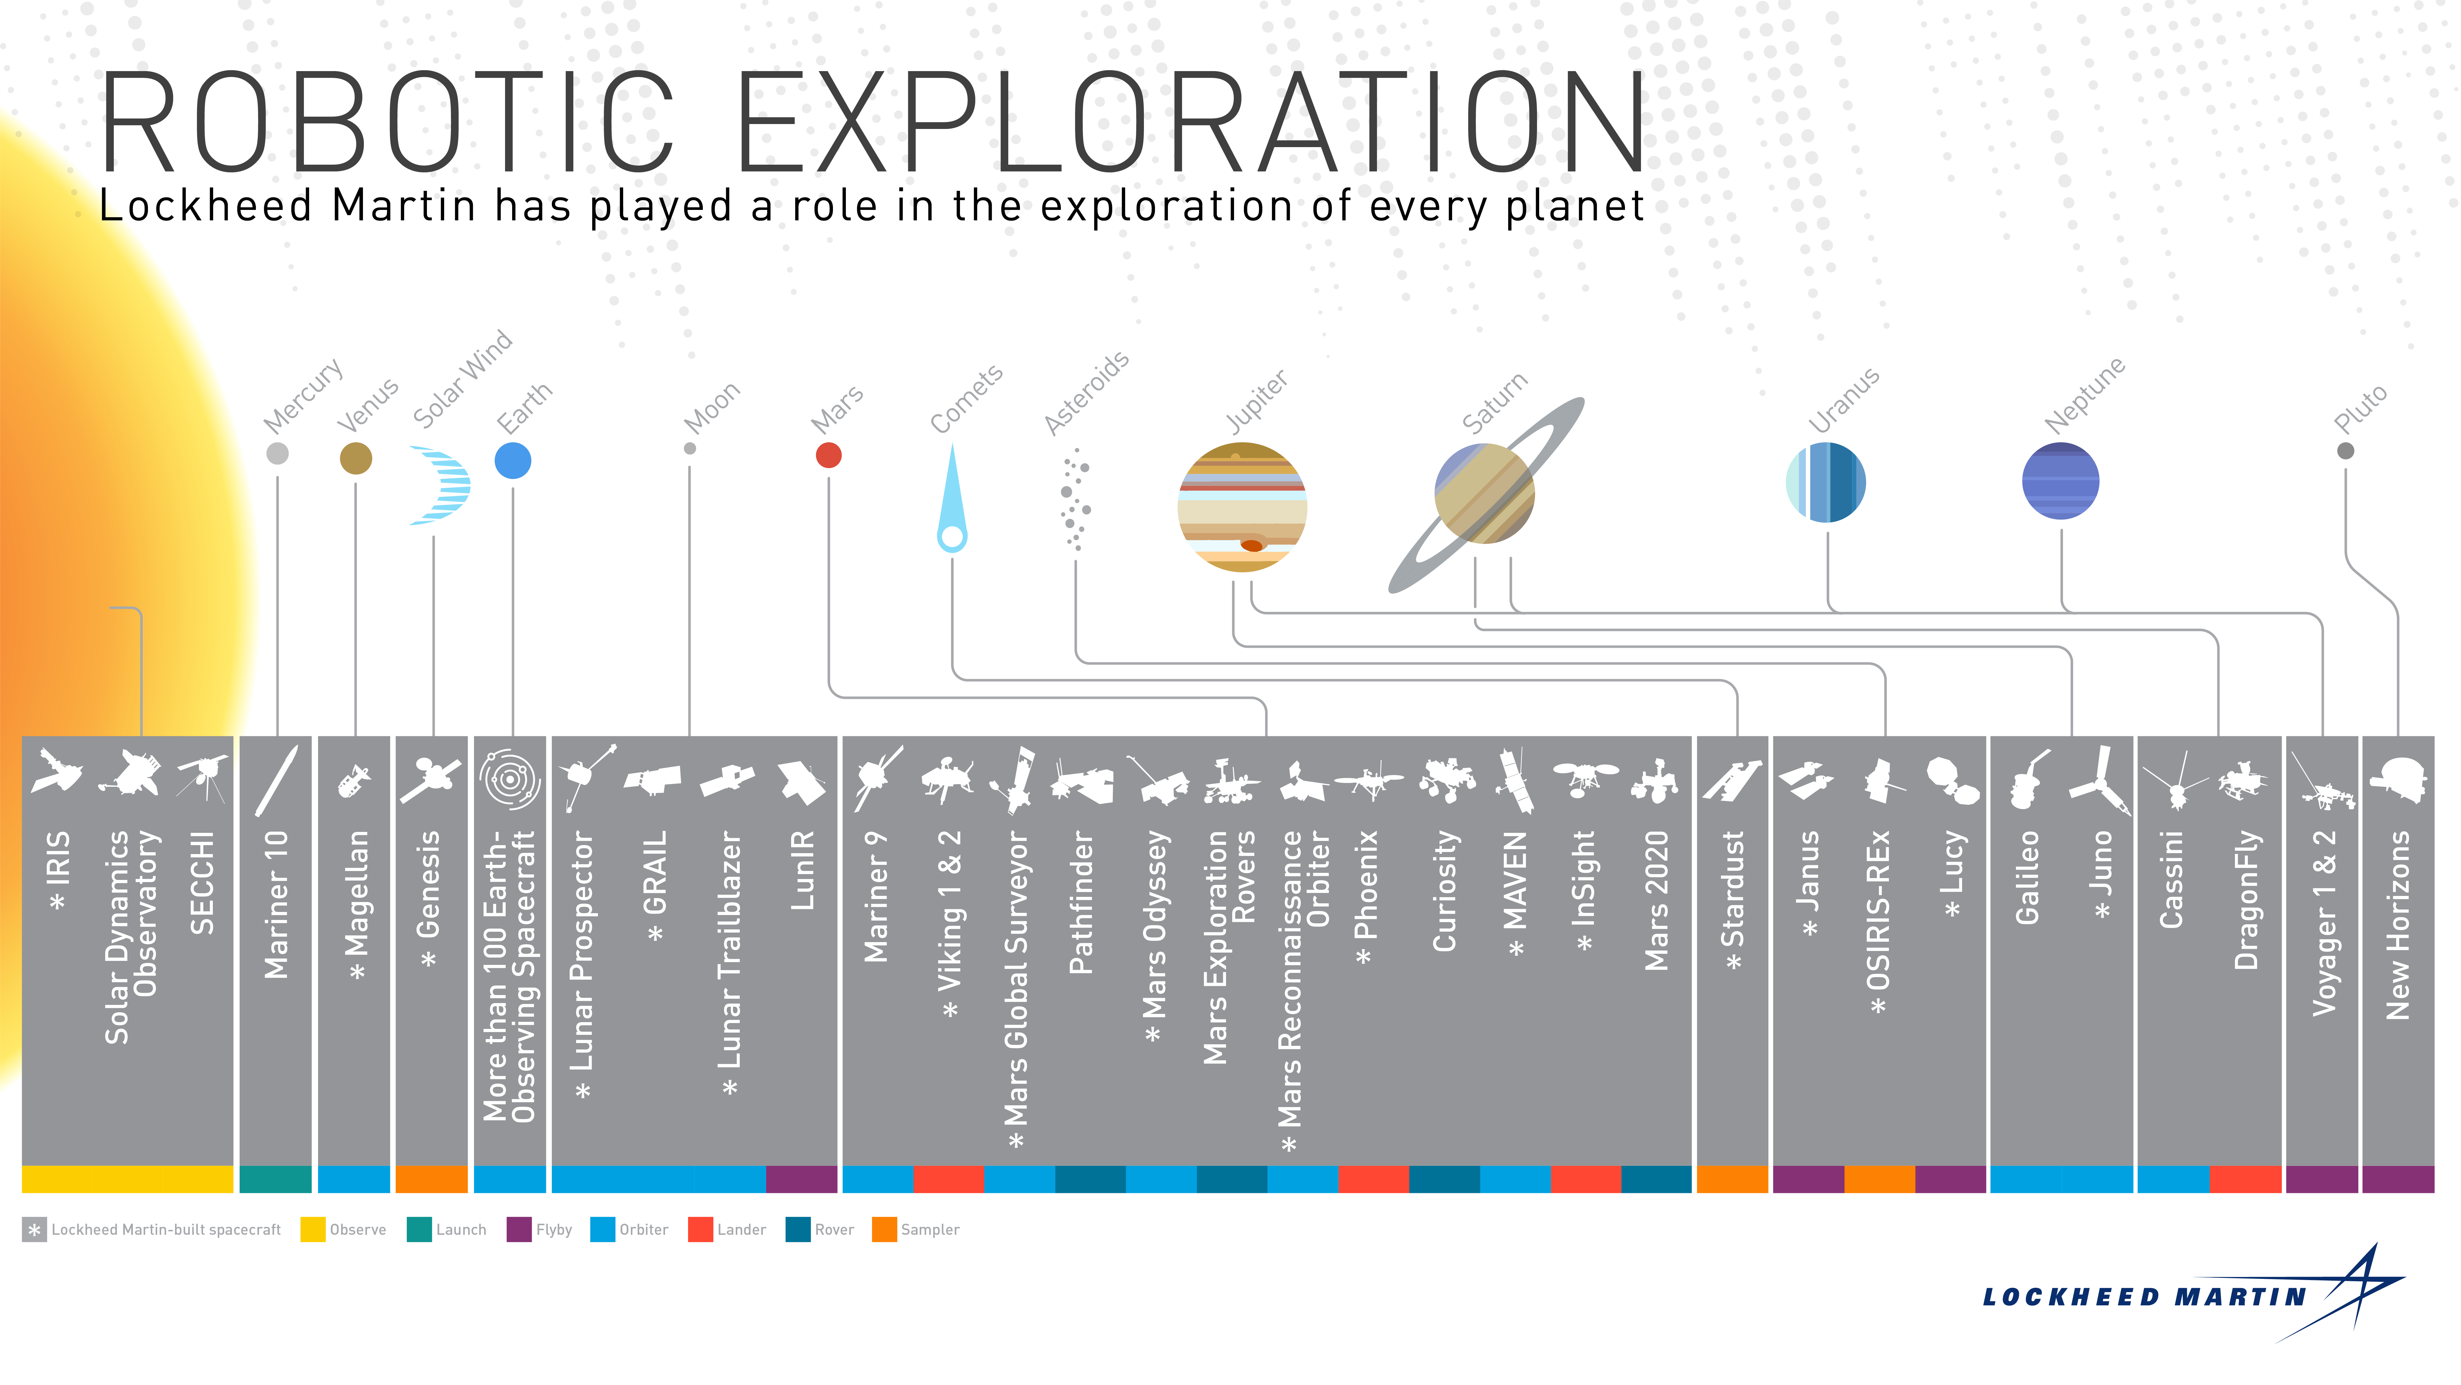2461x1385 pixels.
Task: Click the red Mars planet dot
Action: tap(828, 455)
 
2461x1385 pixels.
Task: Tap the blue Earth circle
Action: tap(513, 461)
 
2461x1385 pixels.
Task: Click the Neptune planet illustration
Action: tap(2061, 481)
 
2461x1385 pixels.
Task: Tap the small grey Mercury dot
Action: tap(277, 453)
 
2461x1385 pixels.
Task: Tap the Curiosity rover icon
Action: tap(1446, 779)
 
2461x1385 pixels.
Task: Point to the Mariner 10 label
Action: tap(276, 904)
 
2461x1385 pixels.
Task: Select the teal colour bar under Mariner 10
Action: tap(275, 1178)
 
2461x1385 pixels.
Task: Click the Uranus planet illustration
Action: tap(1826, 482)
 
